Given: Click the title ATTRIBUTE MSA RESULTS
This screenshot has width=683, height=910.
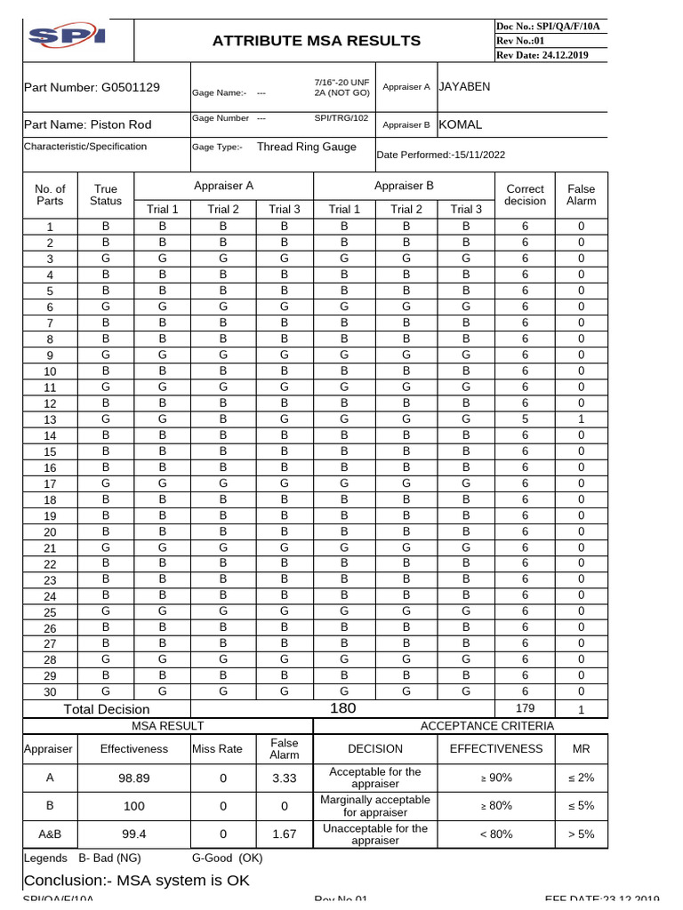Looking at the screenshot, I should (x=317, y=41).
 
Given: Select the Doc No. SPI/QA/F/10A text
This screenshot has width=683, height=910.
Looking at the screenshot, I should (x=548, y=27).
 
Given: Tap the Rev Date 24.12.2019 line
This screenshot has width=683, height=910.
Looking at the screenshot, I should (x=542, y=55).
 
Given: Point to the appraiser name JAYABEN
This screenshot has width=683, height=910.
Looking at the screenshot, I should (x=464, y=86).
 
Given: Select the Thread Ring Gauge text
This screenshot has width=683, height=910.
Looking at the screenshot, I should (x=306, y=148).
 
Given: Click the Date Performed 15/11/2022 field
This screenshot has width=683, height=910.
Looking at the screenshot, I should (x=441, y=155).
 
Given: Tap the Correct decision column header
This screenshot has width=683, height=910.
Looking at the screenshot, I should (x=525, y=195).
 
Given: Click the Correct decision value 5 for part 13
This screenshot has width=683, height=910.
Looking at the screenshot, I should (x=525, y=419).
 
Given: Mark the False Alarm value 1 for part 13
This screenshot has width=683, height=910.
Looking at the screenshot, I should (x=581, y=419).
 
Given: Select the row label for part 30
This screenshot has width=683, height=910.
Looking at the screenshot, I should (x=50, y=692).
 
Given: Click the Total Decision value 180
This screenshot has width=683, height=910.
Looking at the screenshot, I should (x=342, y=708).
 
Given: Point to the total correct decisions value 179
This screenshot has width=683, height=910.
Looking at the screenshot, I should (x=525, y=708).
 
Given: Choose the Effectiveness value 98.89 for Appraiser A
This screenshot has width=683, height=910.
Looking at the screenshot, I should (x=133, y=778).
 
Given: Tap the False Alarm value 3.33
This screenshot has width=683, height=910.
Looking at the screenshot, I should (x=284, y=778).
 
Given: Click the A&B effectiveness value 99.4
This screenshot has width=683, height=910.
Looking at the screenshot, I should (x=133, y=834).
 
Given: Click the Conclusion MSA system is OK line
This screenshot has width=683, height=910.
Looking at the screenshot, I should (x=137, y=880).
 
